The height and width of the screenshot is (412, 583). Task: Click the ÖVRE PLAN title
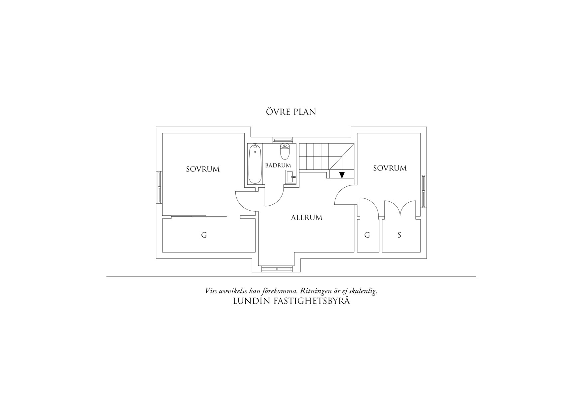[291, 112]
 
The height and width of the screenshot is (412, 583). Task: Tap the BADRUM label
[278, 165]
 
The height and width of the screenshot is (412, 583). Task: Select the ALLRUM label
[306, 218]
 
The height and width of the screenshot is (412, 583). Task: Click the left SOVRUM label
[203, 169]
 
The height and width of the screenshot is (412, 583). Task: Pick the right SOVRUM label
[390, 168]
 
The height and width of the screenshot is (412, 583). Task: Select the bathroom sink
[290, 177]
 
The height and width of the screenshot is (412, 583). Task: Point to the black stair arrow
[342, 175]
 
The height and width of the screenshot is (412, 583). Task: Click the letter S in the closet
[399, 235]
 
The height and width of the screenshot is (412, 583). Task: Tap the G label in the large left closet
[204, 235]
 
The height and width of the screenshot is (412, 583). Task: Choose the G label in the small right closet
[367, 235]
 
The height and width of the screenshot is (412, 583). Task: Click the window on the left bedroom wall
[159, 187]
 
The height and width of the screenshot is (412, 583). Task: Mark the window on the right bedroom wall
[424, 191]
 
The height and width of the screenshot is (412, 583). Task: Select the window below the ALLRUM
[277, 268]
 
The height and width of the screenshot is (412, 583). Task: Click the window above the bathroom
[282, 140]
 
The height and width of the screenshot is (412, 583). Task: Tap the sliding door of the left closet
[199, 217]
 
